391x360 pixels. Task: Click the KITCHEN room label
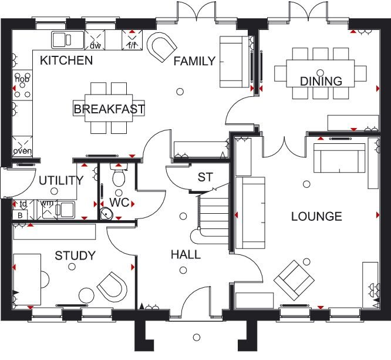pos(66,60)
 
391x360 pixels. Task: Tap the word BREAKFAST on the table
pos(109,109)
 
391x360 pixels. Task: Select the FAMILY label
pos(194,61)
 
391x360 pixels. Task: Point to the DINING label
pos(321,81)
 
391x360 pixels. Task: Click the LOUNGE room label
pos(316,216)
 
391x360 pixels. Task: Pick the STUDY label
pos(75,255)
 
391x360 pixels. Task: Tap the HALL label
pos(186,255)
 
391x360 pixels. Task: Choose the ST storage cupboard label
pos(205,177)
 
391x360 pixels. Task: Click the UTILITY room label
pos(61,180)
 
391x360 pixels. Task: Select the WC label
pos(119,203)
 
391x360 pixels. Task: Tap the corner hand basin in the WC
pos(106,214)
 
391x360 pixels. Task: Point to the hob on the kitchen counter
pos(22,85)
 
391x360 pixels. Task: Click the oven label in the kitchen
pos(22,151)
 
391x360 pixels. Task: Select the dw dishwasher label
pos(95,46)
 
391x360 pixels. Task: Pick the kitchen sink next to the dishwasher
pos(68,40)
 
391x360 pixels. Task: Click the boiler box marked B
pos(20,215)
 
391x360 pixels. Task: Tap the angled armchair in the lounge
pos(294,280)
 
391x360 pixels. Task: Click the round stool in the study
pos(86,295)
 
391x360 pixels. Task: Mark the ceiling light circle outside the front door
pos(197,338)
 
